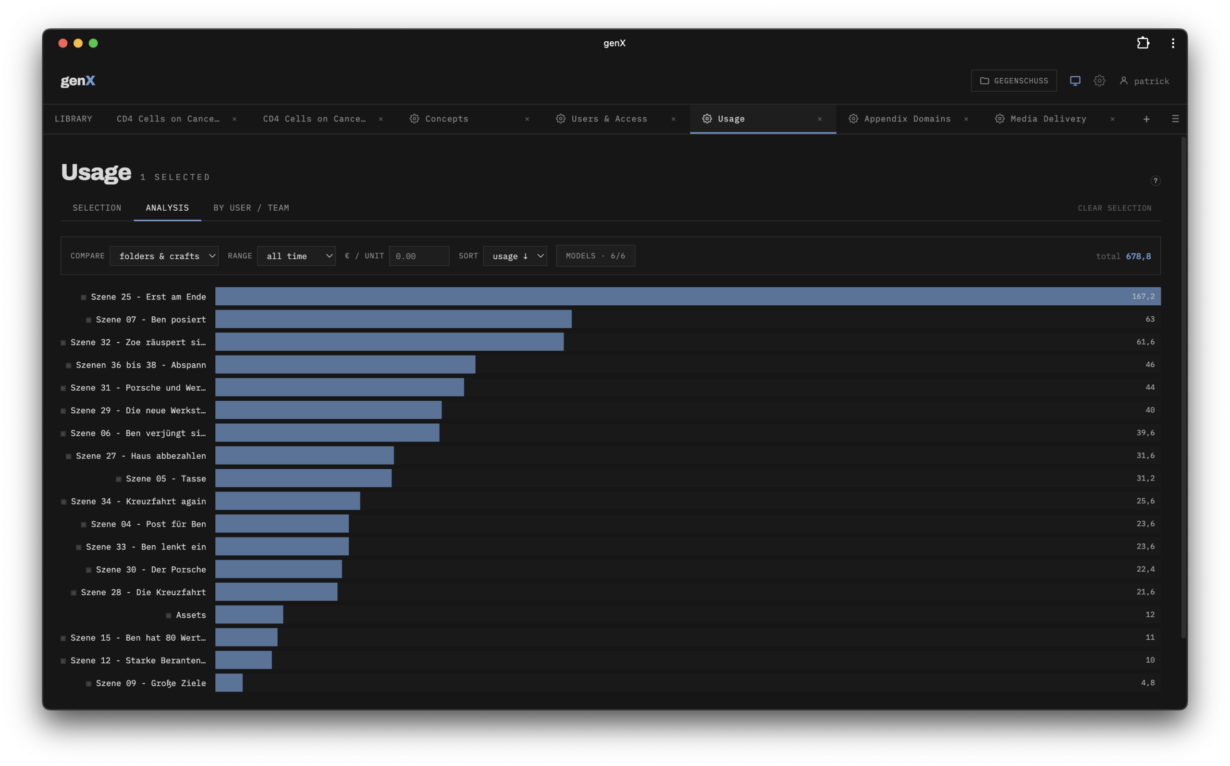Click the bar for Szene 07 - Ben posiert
394,319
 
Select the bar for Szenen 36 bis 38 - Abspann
345,365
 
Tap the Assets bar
249,614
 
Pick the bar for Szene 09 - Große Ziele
229,683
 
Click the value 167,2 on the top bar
1143,297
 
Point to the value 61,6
1145,342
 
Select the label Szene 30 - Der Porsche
151,569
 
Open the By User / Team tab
251,208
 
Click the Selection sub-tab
97,208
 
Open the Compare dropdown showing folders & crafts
164,256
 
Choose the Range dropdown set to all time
296,256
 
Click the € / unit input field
419,256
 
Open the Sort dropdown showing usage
515,256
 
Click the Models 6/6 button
595,256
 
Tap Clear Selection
1114,208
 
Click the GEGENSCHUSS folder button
1013,81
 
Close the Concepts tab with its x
527,119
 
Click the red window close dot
63,43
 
